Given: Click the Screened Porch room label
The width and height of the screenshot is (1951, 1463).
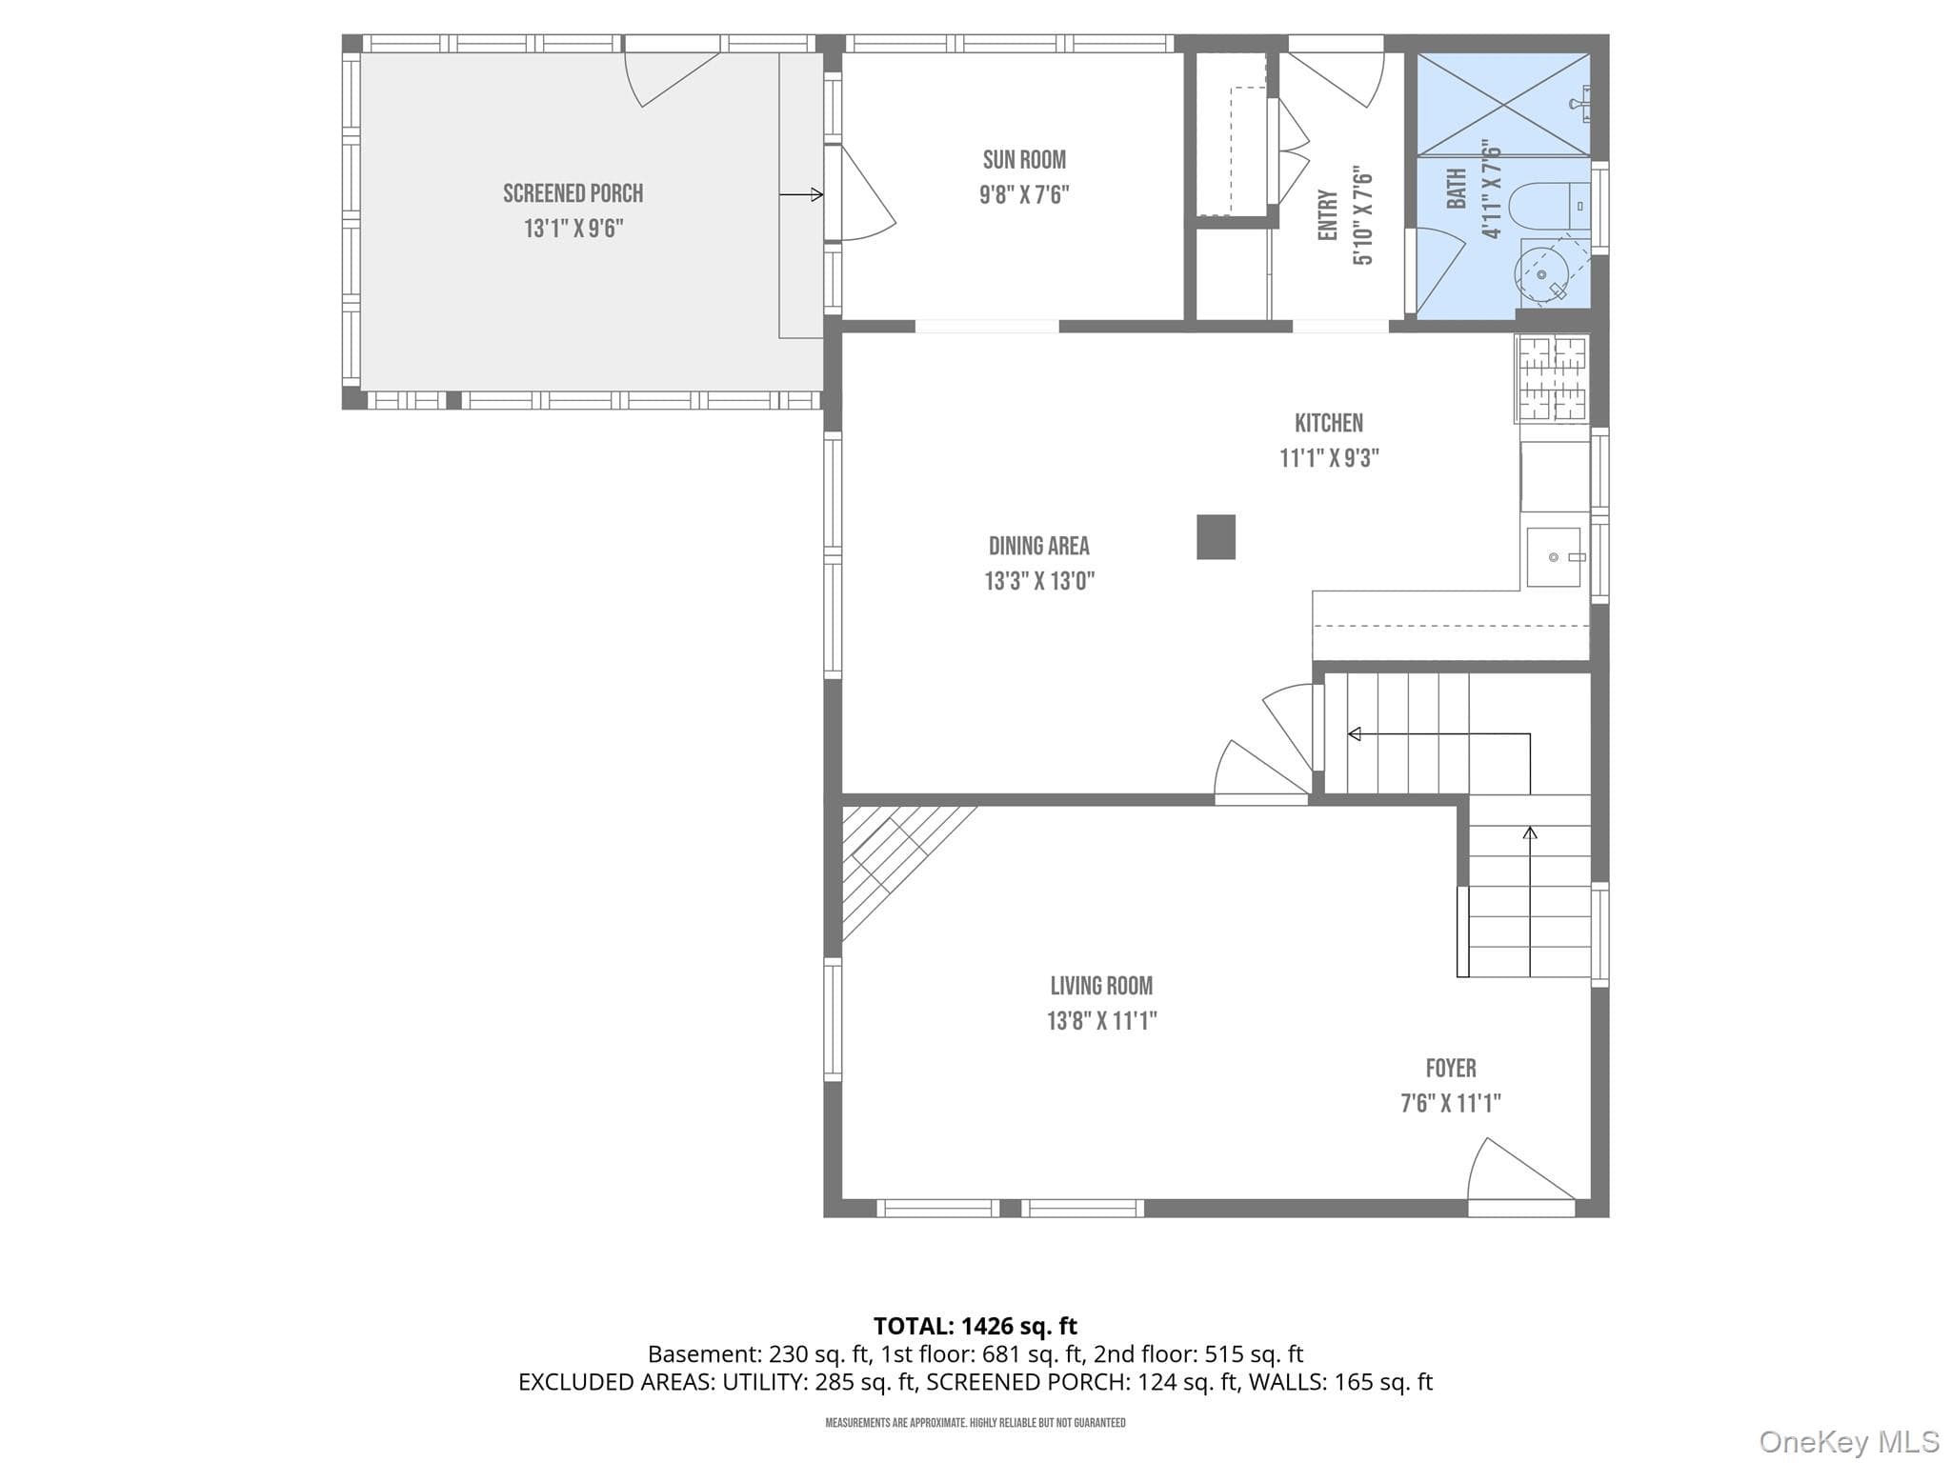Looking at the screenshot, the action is point(573,193).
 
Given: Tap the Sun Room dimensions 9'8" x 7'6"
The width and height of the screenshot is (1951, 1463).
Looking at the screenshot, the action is point(1024,195).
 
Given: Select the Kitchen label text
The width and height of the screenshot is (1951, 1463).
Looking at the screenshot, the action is point(1329,423).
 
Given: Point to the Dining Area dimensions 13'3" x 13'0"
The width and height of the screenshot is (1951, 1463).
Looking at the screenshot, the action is point(1039,581).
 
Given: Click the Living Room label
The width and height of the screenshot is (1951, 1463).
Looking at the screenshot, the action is point(1101,986).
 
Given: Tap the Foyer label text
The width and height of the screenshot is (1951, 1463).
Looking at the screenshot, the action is point(1451,1069).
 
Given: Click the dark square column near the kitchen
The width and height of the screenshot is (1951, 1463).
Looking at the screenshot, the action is point(1216,537).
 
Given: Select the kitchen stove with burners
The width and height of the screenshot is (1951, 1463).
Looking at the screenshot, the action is point(1552,378).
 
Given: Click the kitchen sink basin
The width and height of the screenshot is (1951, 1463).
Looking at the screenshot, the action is point(1554,557).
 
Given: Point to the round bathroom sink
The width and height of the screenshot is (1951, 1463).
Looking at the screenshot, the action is point(1542,275).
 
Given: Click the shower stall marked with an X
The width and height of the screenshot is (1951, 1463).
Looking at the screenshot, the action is point(1504,104).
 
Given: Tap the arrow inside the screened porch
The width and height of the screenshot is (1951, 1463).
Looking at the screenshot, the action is point(801,195).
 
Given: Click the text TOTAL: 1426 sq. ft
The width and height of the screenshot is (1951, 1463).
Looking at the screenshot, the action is point(975,1326).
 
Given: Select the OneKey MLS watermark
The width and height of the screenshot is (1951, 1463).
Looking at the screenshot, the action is point(1848,1442).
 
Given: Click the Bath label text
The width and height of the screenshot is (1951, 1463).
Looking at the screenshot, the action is point(1457,189).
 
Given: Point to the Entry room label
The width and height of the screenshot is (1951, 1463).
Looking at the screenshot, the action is point(1328,215).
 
